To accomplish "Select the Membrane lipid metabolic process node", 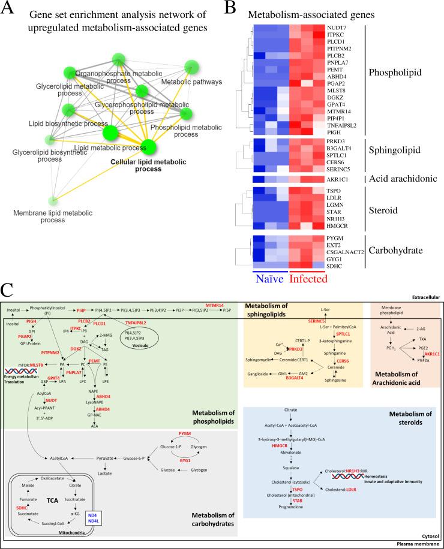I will point(55,201).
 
